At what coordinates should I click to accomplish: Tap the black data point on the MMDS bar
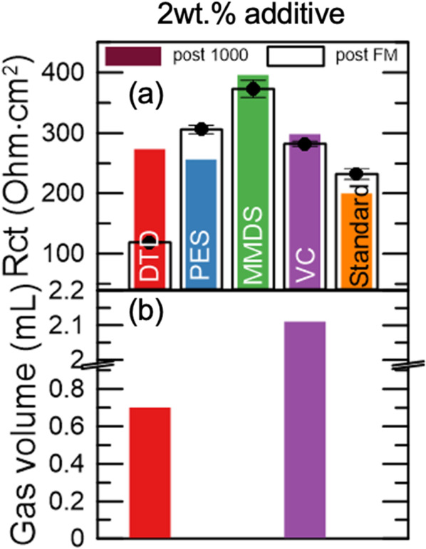pos(253,89)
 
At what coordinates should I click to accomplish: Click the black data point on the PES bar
pos(202,129)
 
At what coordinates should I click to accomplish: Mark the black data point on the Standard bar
pos(356,174)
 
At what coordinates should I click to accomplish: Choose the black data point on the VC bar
pos(305,144)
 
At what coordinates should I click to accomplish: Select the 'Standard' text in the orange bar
pos(358,240)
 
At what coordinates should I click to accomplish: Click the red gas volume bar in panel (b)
pos(150,473)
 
